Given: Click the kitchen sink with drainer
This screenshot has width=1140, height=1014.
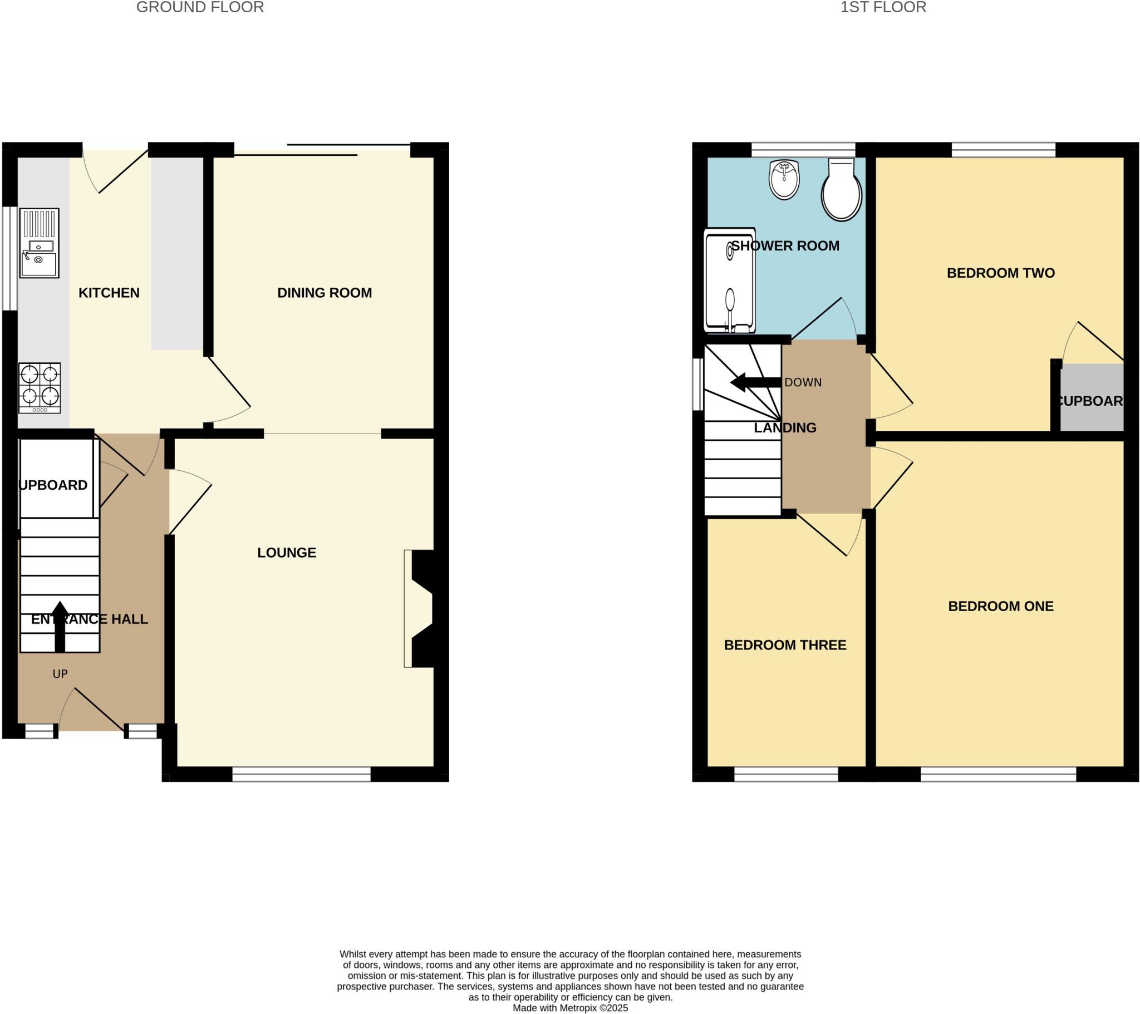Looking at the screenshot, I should (x=39, y=243).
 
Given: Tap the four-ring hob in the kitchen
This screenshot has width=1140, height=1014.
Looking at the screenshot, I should (x=40, y=388).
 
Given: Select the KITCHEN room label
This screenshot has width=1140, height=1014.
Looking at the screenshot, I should (x=109, y=293).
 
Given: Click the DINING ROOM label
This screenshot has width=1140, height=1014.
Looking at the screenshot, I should (x=325, y=293).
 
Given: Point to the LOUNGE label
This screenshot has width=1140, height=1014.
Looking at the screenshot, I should (x=287, y=553).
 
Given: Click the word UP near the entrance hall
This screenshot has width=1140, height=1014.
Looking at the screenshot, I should (x=60, y=674).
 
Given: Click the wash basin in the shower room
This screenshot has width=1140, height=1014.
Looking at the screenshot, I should (x=784, y=180).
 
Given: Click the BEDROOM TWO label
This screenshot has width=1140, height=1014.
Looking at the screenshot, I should (x=1001, y=273).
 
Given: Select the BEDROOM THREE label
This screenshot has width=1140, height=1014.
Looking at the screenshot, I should (x=785, y=646).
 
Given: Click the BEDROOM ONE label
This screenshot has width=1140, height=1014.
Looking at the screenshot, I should (x=1001, y=606).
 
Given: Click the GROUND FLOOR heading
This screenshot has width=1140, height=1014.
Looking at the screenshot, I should (x=200, y=7).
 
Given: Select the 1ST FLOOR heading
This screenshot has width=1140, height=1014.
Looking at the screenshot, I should (x=883, y=7).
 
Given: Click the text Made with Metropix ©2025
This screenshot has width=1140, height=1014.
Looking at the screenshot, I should (x=570, y=1008).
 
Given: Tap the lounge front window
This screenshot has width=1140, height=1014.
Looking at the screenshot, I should (x=301, y=774).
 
